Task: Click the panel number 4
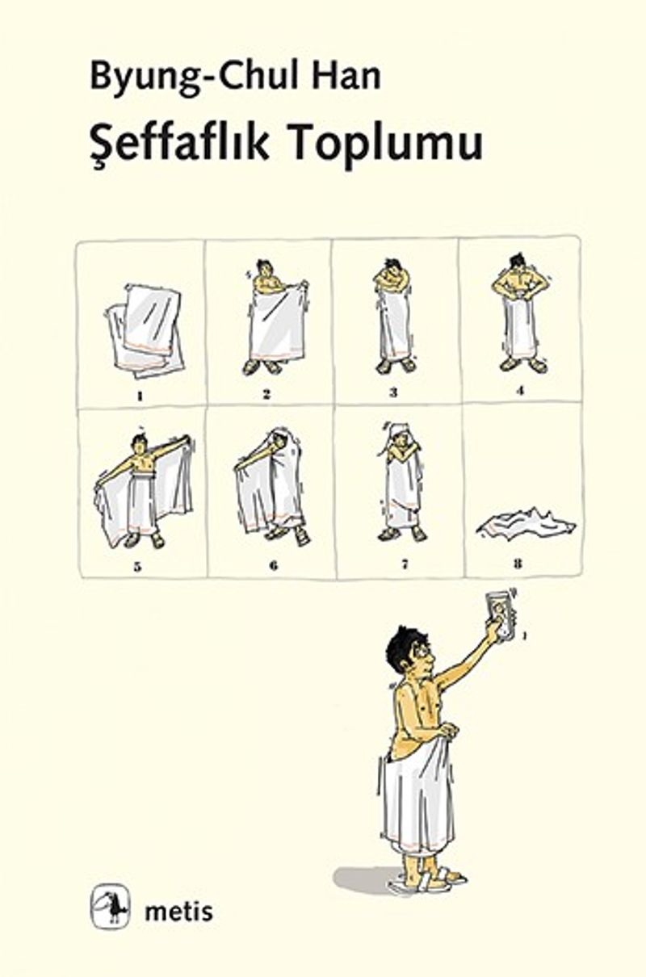[x=519, y=391]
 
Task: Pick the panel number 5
[x=137, y=568]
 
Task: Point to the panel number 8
[x=518, y=564]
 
